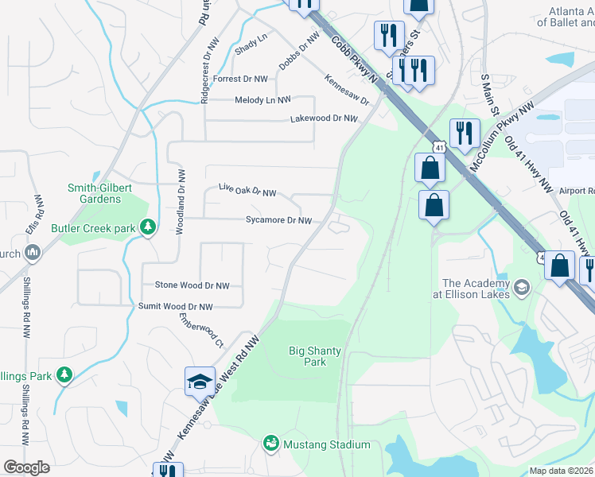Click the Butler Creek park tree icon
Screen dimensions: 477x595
tap(147, 227)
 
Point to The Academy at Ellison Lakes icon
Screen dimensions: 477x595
tap(522, 286)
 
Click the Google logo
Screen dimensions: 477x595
tap(26, 467)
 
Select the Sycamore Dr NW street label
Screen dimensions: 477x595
tap(278, 219)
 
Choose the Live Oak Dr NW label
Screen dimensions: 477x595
tap(247, 191)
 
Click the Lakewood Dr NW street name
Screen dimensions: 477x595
tap(324, 118)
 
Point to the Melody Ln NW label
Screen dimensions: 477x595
tap(262, 100)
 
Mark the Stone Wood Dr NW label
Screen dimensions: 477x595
tap(192, 285)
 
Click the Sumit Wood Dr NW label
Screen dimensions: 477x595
tap(176, 306)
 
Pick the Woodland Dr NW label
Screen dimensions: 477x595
tap(181, 201)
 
